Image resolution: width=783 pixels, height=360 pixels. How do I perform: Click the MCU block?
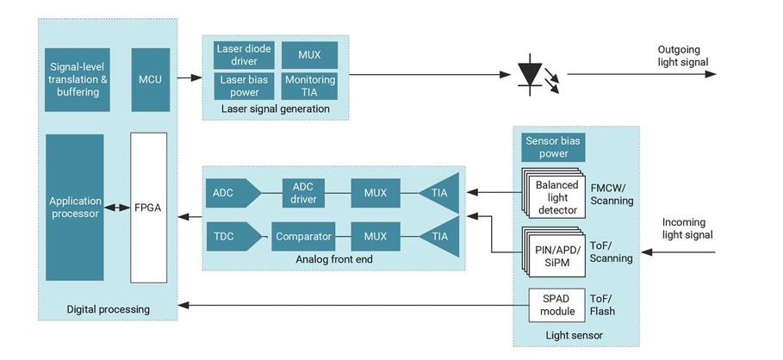tap(150, 79)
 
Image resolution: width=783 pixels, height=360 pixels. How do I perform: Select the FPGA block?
tap(148, 208)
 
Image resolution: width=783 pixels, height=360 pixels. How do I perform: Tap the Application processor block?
tap(75, 208)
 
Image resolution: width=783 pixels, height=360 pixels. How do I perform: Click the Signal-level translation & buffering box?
tap(76, 79)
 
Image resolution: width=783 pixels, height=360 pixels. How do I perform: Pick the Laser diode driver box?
tap(244, 55)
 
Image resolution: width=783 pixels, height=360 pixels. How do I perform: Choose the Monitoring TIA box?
tap(309, 85)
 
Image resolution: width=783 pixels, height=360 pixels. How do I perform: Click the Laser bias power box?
tap(244, 85)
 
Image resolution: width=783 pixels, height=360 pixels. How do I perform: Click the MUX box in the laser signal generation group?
tap(309, 55)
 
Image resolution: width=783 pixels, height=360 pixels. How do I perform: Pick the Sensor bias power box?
tap(553, 147)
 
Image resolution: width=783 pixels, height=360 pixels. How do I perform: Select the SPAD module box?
tap(556, 305)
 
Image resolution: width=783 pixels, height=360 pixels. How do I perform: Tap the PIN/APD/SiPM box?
tap(556, 251)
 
